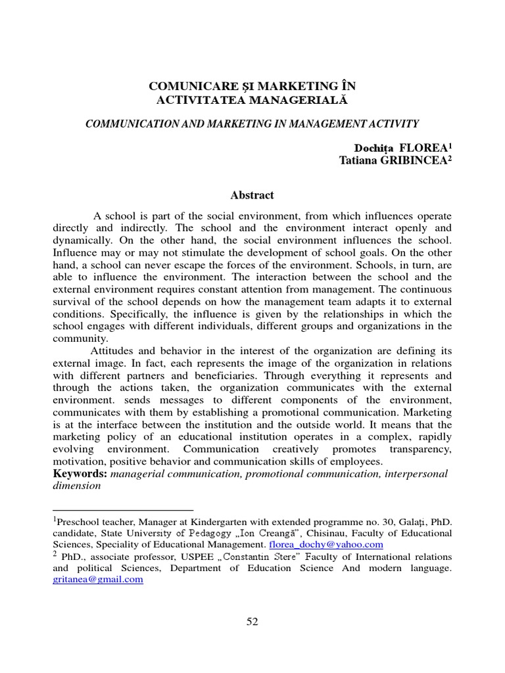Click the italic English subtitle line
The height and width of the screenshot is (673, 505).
[x=252, y=123]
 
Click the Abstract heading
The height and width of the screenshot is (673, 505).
[x=252, y=195]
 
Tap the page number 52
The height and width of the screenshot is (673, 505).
[x=252, y=622]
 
